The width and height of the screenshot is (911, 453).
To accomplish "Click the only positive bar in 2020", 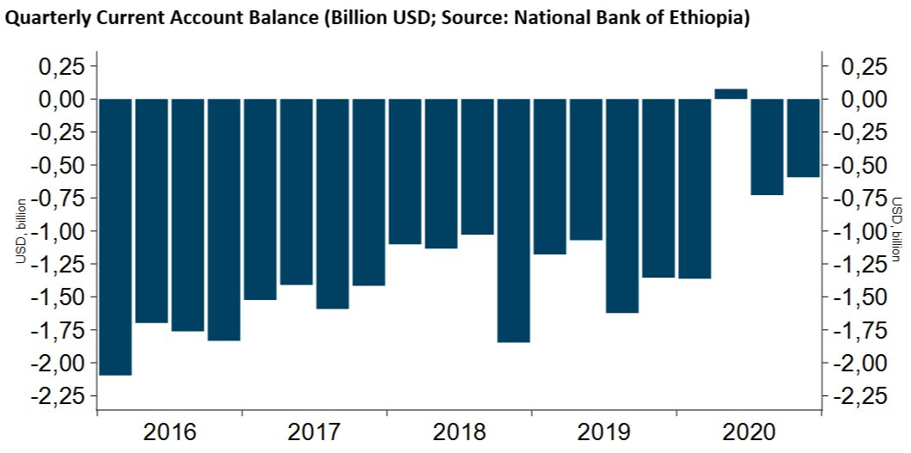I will (731, 94).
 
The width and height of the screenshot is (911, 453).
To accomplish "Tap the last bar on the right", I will (804, 138).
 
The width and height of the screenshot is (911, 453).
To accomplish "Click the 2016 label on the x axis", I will (169, 432).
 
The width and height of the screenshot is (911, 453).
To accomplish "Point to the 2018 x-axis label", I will (459, 432).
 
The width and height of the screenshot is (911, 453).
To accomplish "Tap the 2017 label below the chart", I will (315, 432).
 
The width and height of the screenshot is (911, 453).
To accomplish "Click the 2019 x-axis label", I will (604, 432).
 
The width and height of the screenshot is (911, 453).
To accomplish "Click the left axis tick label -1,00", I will (59, 231).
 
